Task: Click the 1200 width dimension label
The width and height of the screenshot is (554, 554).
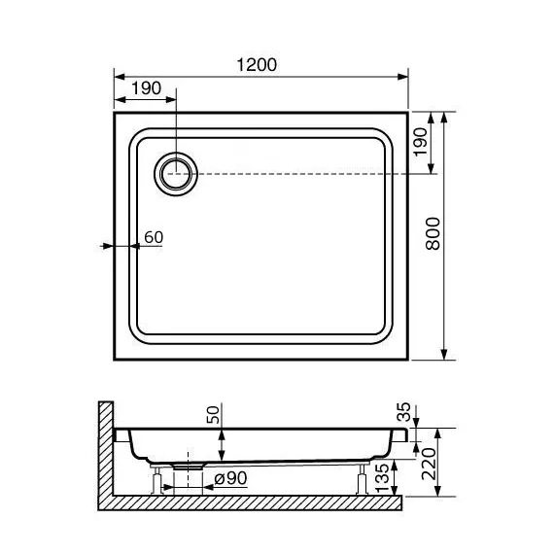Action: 257,65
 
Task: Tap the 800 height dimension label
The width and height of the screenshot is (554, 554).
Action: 433,234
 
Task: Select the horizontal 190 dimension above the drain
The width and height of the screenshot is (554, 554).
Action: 146,88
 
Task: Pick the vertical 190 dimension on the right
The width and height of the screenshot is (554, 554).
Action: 421,142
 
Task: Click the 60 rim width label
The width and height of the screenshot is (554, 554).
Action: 154,237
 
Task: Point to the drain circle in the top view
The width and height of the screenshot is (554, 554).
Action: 176,174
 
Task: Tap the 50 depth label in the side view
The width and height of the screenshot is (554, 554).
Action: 213,415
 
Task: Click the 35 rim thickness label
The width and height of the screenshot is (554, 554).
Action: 404,412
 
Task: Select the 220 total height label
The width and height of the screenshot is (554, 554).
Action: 429,464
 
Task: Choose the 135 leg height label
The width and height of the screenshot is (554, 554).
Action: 382,478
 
